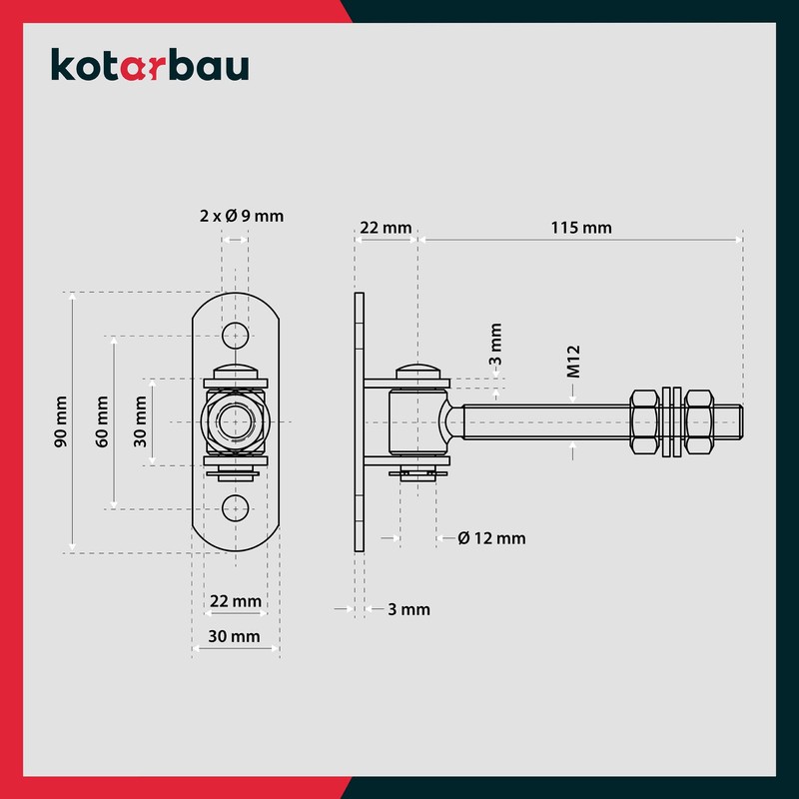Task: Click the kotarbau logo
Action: (x=150, y=66)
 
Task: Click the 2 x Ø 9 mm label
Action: (x=240, y=215)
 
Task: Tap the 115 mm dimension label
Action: (x=581, y=228)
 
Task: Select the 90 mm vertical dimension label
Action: (x=61, y=421)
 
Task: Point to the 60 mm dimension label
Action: (x=101, y=421)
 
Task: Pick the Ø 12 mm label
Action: (x=491, y=538)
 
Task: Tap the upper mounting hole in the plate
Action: (x=236, y=334)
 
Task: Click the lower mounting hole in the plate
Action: (x=236, y=507)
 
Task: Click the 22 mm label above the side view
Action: (x=385, y=228)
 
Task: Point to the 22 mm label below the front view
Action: (x=236, y=601)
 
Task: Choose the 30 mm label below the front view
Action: (x=236, y=636)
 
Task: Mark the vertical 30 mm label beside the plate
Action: (x=139, y=421)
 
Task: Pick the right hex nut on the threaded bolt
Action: (x=703, y=421)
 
